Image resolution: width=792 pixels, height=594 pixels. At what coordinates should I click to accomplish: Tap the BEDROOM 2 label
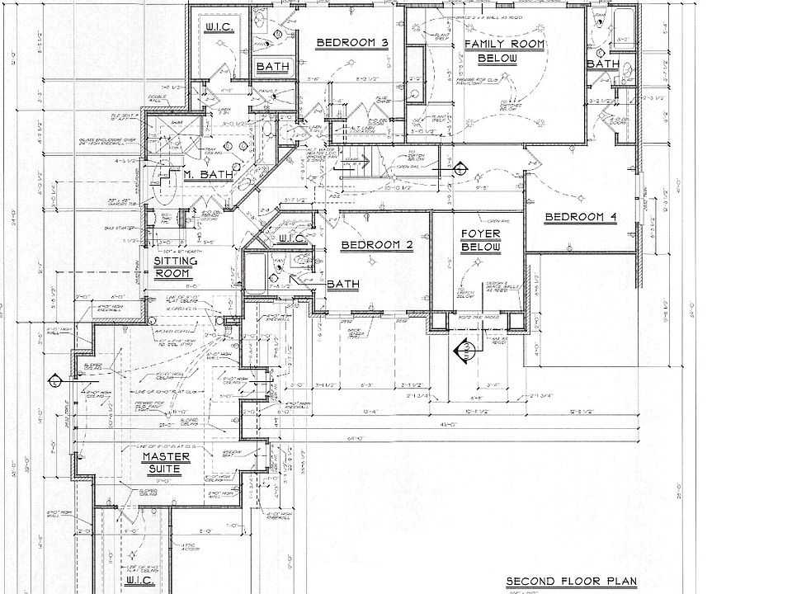pyautogui.click(x=376, y=245)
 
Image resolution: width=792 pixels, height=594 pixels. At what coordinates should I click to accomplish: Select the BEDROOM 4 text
pyautogui.click(x=581, y=218)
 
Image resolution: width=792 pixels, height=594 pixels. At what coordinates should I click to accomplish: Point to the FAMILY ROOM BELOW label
pyautogui.click(x=503, y=50)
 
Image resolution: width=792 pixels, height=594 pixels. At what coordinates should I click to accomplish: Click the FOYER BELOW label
pyautogui.click(x=480, y=241)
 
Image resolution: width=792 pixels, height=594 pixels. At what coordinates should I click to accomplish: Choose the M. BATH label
pyautogui.click(x=200, y=174)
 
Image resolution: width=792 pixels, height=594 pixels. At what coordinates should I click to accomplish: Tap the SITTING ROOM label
pyautogui.click(x=176, y=267)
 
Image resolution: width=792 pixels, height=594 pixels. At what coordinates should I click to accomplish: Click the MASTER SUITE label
pyautogui.click(x=166, y=463)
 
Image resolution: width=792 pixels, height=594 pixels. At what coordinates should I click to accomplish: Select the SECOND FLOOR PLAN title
pyautogui.click(x=572, y=581)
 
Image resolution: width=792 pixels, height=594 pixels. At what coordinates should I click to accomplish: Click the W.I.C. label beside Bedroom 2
pyautogui.click(x=293, y=239)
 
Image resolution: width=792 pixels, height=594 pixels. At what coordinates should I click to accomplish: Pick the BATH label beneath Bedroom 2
pyautogui.click(x=342, y=285)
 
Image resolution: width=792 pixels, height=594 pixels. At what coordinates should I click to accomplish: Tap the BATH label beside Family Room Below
pyautogui.click(x=603, y=64)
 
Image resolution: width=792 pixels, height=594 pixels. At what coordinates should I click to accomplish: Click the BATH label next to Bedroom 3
pyautogui.click(x=271, y=66)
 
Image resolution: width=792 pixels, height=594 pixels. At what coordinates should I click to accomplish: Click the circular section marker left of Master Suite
pyautogui.click(x=54, y=381)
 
